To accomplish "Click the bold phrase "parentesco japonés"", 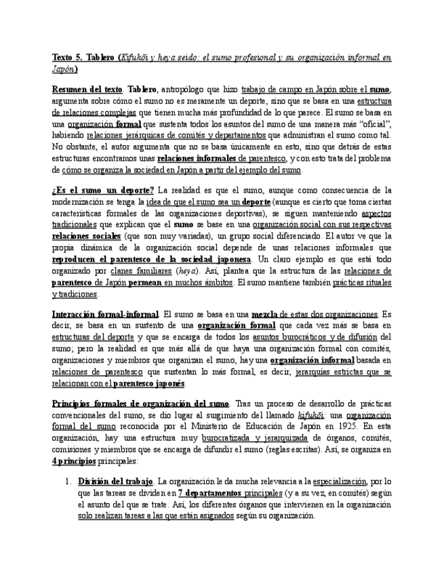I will tap(148, 384).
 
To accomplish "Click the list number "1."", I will tap(68, 481).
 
